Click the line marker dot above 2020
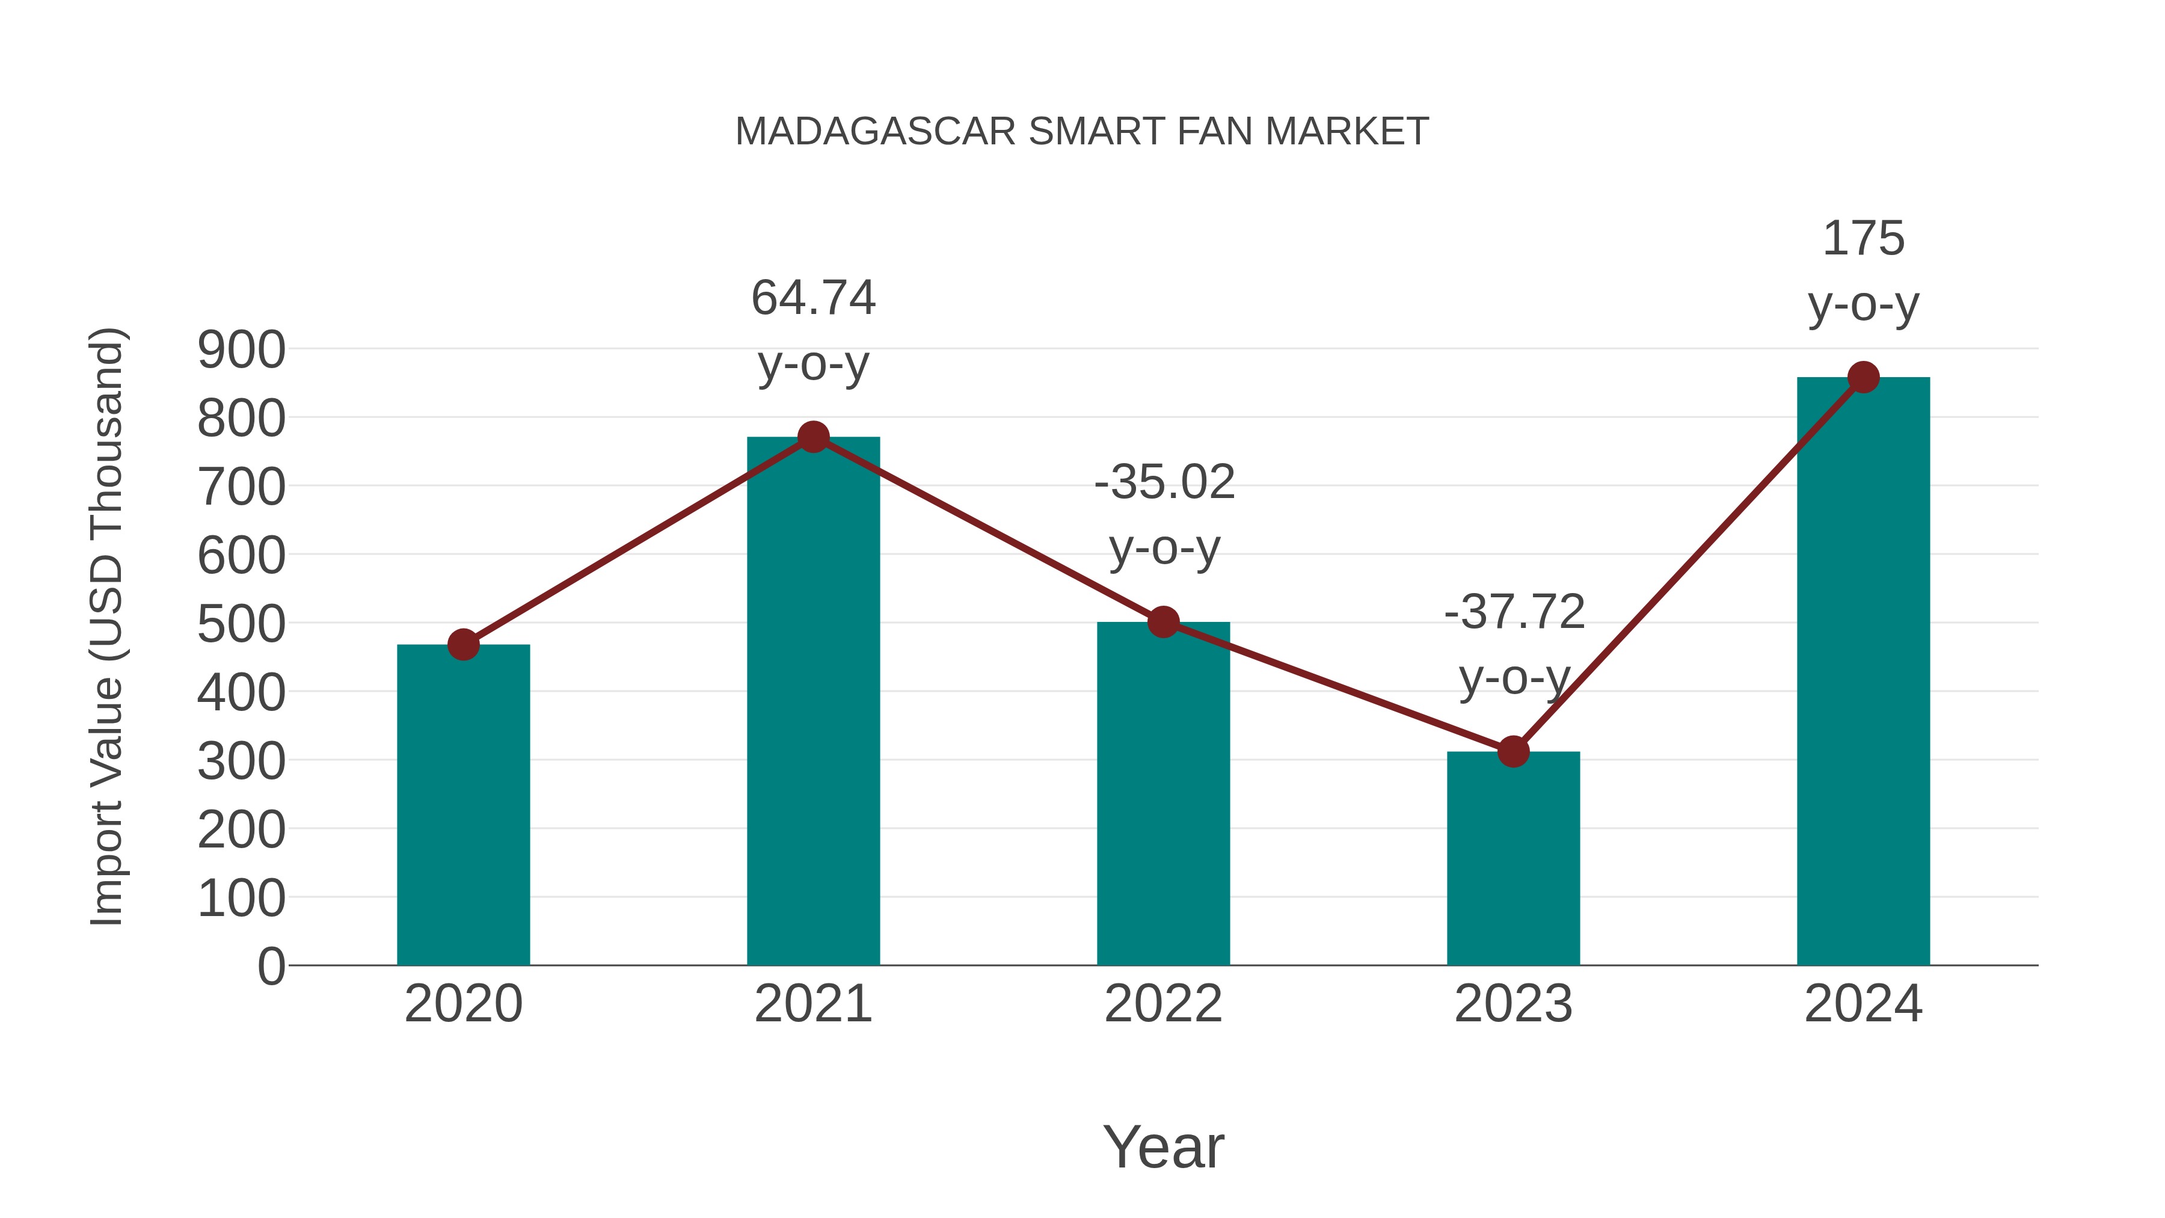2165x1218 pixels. (463, 645)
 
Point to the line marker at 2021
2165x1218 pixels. (812, 437)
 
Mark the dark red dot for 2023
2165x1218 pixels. (1513, 751)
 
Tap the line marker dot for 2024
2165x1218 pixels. (1863, 377)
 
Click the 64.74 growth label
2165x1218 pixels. (812, 298)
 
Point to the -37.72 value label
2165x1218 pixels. (1514, 612)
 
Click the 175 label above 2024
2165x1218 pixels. (1863, 239)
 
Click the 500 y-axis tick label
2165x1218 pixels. (241, 624)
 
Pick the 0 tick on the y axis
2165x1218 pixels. (271, 967)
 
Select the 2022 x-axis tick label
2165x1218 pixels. (1163, 1004)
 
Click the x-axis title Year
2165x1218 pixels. (1163, 1146)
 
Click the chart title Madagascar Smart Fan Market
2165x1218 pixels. (1082, 132)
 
